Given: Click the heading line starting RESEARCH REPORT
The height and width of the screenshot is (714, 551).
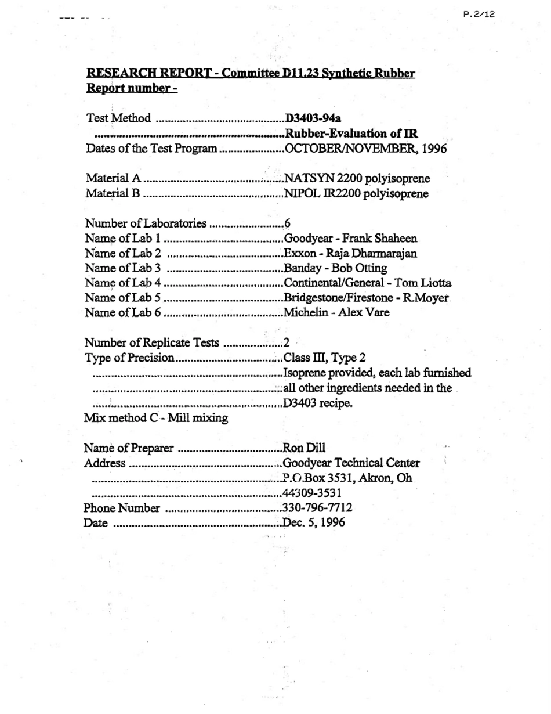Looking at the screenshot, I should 251,74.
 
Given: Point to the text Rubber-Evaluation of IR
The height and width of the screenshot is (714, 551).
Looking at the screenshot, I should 351,134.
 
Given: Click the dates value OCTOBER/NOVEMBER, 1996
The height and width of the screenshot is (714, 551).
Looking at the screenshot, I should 365,149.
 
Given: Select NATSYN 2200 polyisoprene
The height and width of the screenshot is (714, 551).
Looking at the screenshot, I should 357,178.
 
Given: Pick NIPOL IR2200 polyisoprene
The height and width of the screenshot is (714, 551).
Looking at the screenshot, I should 356,193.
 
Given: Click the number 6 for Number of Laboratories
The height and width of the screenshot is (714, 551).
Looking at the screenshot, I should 287,223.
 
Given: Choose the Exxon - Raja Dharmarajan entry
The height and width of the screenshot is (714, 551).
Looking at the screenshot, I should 350,254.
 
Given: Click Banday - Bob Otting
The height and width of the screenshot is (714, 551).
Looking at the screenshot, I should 335,268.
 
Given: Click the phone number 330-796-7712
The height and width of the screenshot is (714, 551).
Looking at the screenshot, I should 317,508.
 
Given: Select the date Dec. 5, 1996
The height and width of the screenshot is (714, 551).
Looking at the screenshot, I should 313,522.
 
